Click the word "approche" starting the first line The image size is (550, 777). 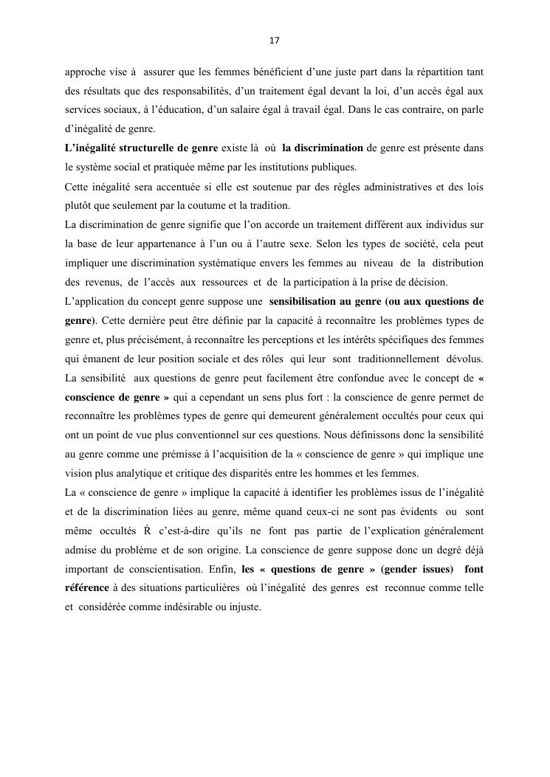click(x=84, y=72)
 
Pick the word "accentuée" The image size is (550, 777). click(x=186, y=187)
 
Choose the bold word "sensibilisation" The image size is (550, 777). click(x=306, y=302)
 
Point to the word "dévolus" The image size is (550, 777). click(x=462, y=359)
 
